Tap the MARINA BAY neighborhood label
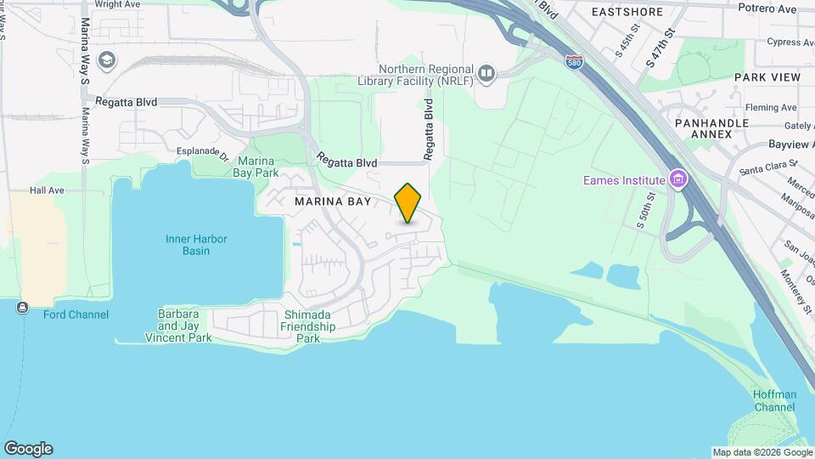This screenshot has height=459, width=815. click(x=333, y=201)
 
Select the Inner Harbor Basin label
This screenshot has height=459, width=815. click(x=196, y=244)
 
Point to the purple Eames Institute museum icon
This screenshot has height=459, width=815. click(x=677, y=179)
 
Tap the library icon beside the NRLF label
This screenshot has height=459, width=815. click(x=486, y=74)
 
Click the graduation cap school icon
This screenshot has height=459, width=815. click(x=108, y=59)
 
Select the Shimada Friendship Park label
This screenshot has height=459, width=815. click(x=308, y=326)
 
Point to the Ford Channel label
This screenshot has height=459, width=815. click(x=76, y=314)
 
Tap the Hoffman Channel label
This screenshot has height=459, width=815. click(x=774, y=400)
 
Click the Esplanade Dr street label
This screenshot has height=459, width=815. click(x=202, y=155)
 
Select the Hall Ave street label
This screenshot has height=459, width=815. click(x=47, y=190)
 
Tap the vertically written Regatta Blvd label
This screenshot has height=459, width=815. click(x=430, y=129)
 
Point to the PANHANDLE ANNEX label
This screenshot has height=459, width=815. click(x=711, y=128)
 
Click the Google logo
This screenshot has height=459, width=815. click(x=28, y=449)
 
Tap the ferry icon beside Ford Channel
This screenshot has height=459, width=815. click(x=21, y=308)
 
